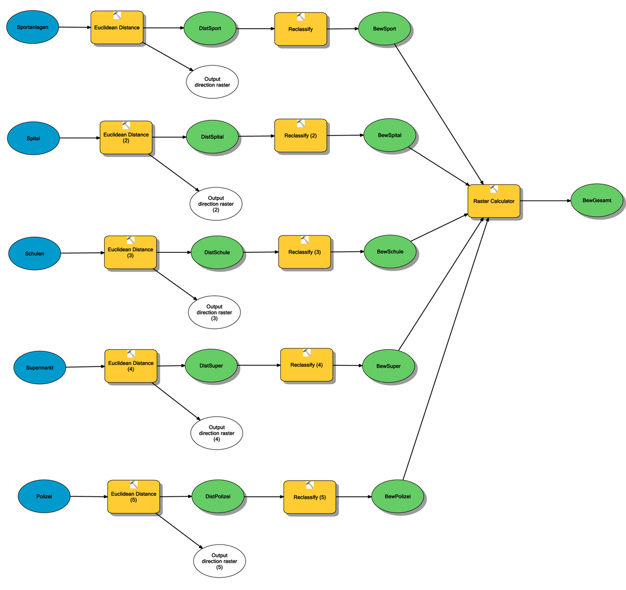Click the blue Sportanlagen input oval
coord(32,27)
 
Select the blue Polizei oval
coord(44,496)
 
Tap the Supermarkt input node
coord(40,368)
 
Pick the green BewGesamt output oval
coord(597,201)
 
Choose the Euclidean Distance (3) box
coord(130,253)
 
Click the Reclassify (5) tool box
coord(309,497)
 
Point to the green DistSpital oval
coord(212,137)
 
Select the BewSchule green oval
coord(390,252)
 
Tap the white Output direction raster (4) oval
coord(216,433)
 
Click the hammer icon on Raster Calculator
coord(494,189)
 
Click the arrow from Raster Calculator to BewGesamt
coord(545,201)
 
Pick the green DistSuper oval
coord(211,366)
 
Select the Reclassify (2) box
coord(300,136)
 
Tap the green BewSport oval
coord(385,29)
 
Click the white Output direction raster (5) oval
coord(219,561)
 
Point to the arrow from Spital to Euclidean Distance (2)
coord(79,138)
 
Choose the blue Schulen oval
coord(35,253)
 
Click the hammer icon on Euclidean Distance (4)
coord(131,354)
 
